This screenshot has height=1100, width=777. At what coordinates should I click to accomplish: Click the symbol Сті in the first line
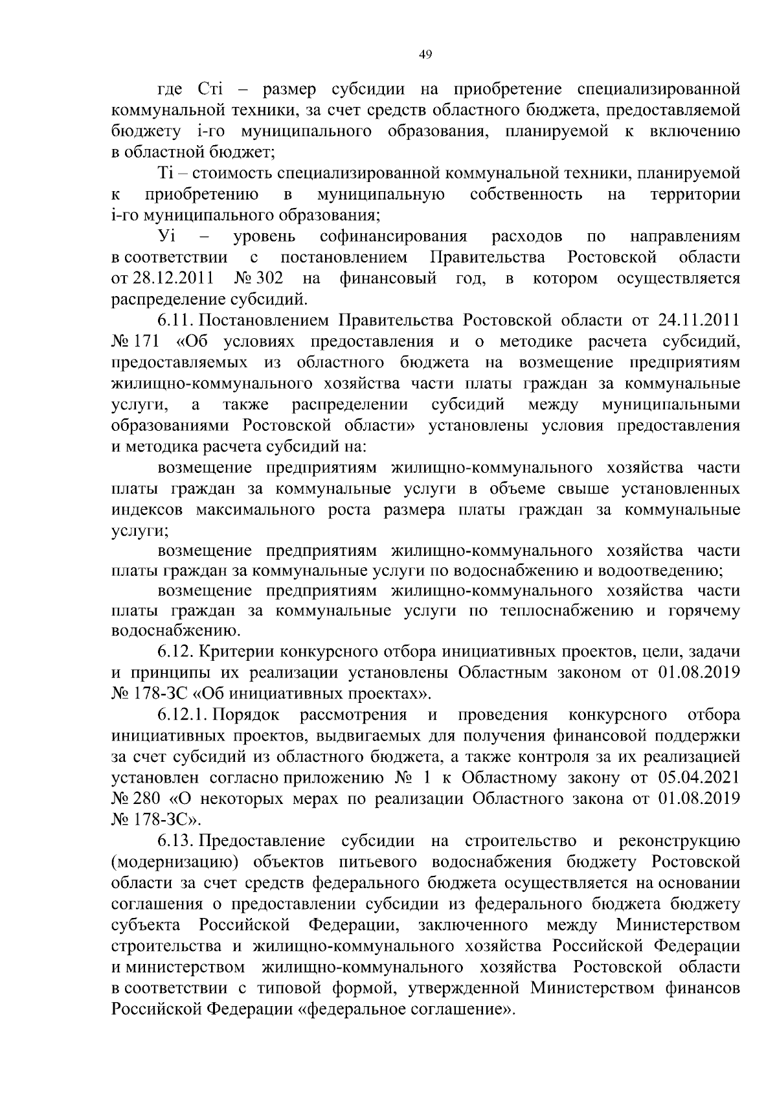pos(207,89)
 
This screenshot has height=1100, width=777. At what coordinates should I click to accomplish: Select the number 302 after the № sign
pos(270,279)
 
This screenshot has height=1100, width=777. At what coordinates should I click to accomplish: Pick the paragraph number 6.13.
pos(175,841)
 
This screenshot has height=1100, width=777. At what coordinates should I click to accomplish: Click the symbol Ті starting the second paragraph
pos(165,173)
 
